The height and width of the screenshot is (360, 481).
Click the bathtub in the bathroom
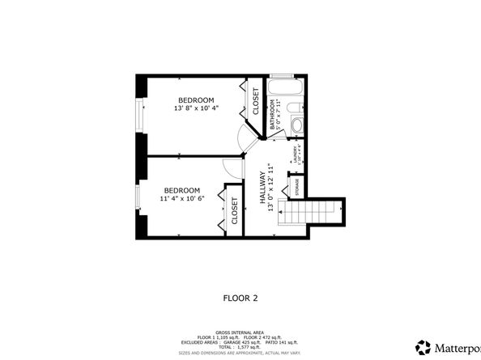click(x=285, y=87)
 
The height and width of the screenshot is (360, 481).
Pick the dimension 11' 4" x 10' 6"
click(x=181, y=197)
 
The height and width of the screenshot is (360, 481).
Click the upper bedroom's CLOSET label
click(x=255, y=101)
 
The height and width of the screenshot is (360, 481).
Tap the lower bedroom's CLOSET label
click(x=235, y=210)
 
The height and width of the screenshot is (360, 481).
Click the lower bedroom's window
click(x=139, y=198)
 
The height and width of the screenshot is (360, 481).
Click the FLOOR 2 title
click(x=240, y=298)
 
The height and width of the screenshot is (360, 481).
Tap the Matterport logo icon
click(x=422, y=346)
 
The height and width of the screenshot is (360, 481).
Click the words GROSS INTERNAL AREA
click(x=240, y=332)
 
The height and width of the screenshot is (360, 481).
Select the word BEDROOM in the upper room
click(x=195, y=100)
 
